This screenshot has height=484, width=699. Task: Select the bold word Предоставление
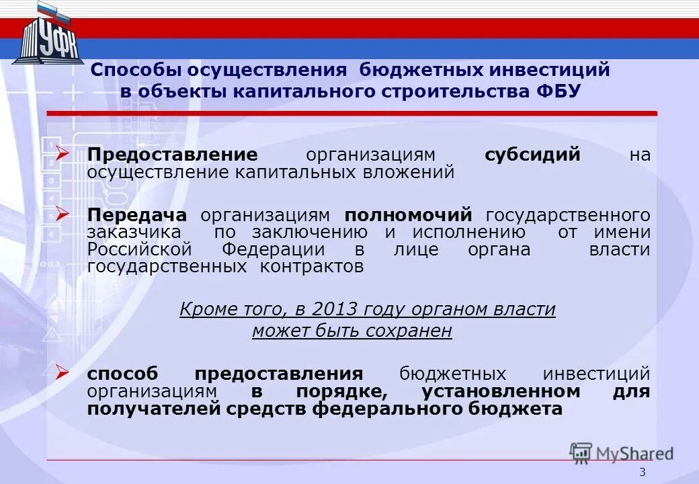172,155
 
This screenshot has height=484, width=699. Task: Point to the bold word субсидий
532,155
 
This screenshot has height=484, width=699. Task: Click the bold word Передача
137,214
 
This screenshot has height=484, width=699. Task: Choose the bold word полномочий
409,215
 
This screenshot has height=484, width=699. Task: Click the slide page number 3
642,472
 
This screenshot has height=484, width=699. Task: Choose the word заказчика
134,232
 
